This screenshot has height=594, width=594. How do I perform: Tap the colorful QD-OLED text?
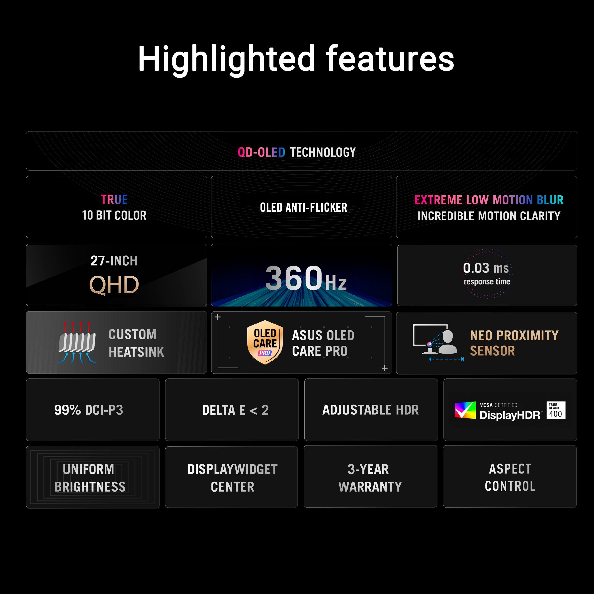tap(261, 152)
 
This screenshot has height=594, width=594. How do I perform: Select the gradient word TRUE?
tap(114, 199)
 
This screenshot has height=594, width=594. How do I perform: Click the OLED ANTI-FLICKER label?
tap(303, 207)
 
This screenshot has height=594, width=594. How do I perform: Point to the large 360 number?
tap(294, 278)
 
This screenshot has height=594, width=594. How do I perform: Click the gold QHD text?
tap(114, 285)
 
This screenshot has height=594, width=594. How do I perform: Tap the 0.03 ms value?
tap(486, 268)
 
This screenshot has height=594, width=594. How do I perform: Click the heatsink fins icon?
tap(77, 342)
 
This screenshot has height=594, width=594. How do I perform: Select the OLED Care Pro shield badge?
tap(265, 342)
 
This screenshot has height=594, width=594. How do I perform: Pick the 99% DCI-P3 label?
tap(89, 410)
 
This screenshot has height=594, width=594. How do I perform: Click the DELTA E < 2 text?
tap(235, 410)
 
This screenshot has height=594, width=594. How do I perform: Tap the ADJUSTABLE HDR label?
tap(370, 410)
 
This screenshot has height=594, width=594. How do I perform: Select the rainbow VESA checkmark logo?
tap(465, 410)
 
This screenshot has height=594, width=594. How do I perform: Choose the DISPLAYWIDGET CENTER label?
tap(232, 478)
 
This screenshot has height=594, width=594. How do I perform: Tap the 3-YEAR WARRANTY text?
tap(370, 478)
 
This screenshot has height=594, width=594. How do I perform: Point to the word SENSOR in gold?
tap(493, 351)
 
